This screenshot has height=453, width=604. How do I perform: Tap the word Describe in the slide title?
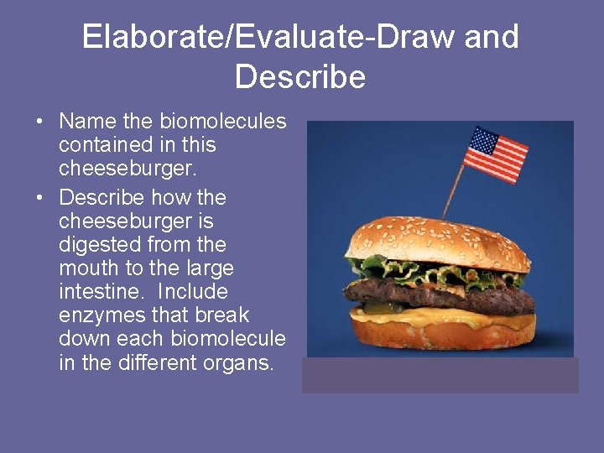pos(300,77)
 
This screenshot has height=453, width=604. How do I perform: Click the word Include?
pos(193,292)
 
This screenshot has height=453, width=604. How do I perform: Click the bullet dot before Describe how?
pos(39,198)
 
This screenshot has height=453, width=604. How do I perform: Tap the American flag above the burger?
pos(497,154)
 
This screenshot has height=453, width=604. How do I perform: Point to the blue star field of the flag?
pos(484,141)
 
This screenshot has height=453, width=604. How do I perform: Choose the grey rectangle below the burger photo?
pos(440,375)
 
